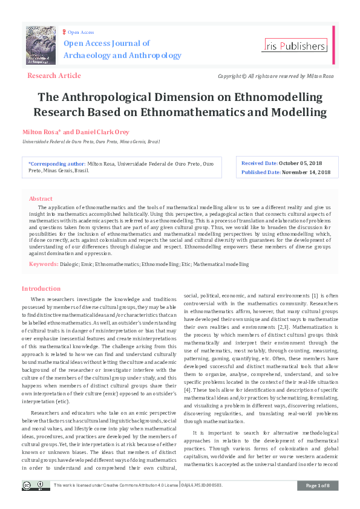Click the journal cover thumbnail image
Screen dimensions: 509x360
(x=41, y=45)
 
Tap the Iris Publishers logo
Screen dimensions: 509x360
(x=295, y=46)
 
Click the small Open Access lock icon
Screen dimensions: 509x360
(x=64, y=31)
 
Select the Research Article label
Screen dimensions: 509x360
(x=54, y=76)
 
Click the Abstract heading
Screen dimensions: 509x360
(x=41, y=198)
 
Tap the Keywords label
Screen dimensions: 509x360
(x=44, y=264)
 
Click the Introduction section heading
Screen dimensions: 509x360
(x=41, y=288)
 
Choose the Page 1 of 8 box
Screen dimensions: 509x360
(x=318, y=485)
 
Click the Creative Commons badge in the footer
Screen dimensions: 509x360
(x=36, y=485)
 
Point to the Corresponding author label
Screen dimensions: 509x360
(x=57, y=163)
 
